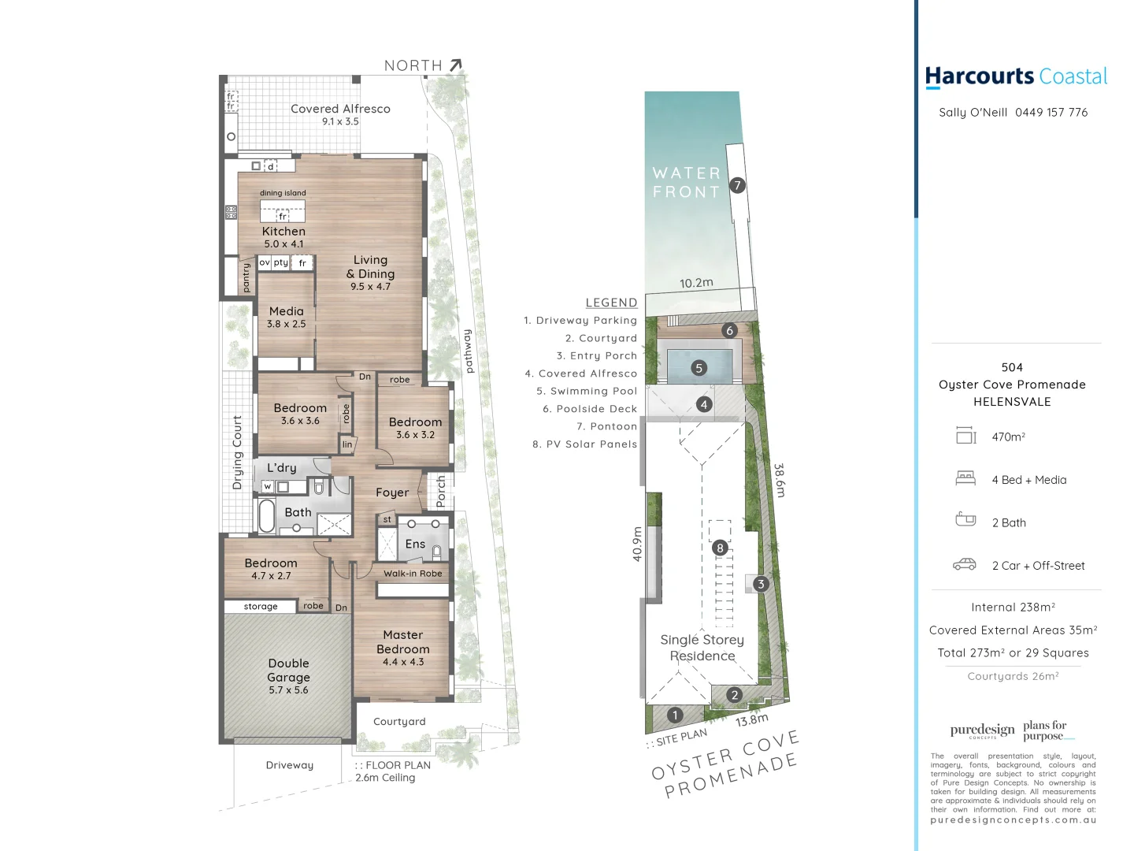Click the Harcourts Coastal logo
pos(1015,76)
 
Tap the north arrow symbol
pos(456,65)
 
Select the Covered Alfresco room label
pos(340,109)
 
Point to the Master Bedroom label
pos(403,642)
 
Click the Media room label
pos(286,311)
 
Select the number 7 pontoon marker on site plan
pos(737,185)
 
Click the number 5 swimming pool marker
pos(699,368)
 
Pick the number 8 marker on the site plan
pos(719,548)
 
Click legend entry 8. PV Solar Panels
pos(584,444)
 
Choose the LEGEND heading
pos(611,303)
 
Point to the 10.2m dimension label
pos(696,283)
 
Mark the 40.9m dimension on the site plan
pos(637,544)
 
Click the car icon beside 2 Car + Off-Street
pos(965,565)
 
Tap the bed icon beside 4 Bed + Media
pos(965,478)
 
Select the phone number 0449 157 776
pos(1051,113)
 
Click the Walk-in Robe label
pos(413,574)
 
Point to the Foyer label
pos(392,492)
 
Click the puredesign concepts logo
pos(982,730)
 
